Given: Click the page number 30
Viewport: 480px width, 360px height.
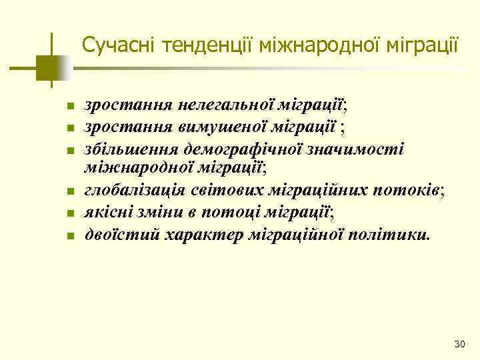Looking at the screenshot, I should (458, 344).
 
